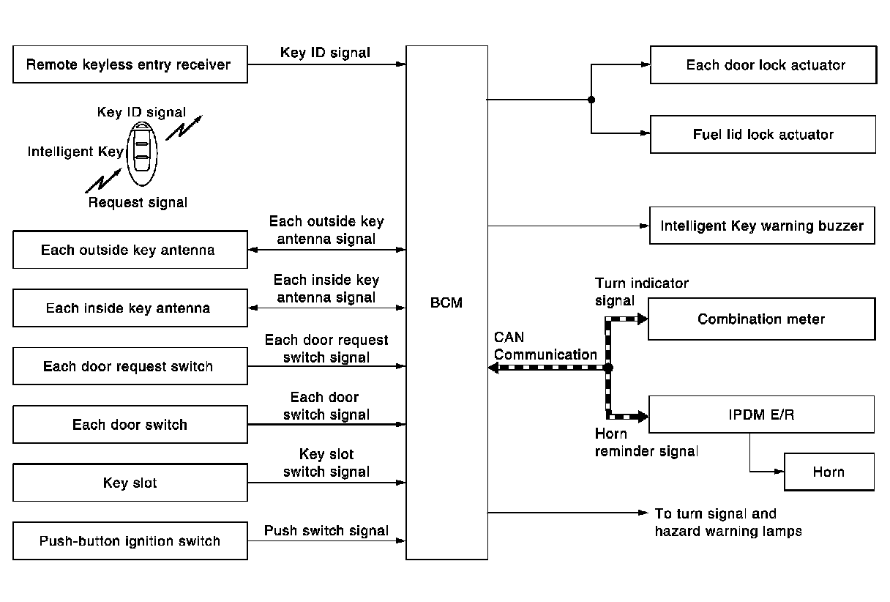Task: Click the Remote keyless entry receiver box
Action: click(x=130, y=64)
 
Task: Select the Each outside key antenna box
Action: click(x=130, y=250)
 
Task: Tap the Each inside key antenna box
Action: click(x=130, y=308)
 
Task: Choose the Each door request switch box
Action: click(x=130, y=366)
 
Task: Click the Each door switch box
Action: click(x=130, y=425)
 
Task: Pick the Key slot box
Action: click(x=130, y=483)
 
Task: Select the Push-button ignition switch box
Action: click(x=130, y=541)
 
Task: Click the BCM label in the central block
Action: click(x=446, y=302)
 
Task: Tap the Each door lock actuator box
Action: click(x=763, y=65)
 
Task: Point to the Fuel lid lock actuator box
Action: click(x=763, y=135)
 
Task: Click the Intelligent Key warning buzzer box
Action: click(x=762, y=226)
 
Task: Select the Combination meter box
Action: click(x=761, y=319)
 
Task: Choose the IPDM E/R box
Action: click(x=761, y=415)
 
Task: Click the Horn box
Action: click(x=829, y=472)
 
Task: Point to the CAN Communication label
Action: click(x=545, y=346)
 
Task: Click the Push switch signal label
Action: click(x=326, y=530)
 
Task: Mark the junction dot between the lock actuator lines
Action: click(x=591, y=100)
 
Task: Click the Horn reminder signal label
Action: click(x=646, y=442)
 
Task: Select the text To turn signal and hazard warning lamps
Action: click(x=728, y=523)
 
